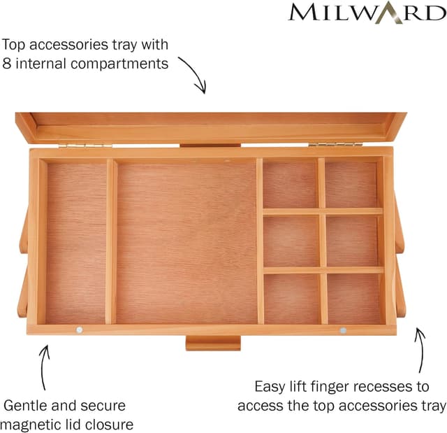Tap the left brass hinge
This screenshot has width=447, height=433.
(85, 145)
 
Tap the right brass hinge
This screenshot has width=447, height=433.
(333, 145)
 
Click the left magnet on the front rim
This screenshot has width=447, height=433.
(79, 329)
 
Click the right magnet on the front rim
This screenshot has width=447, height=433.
(343, 329)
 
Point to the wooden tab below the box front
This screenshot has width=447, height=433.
(213, 343)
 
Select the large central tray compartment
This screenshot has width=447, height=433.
(186, 241)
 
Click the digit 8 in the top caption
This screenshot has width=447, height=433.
(7, 64)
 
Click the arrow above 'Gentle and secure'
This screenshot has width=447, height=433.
(44, 364)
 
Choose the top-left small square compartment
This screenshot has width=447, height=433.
(290, 185)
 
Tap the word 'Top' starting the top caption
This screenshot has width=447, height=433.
(15, 45)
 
